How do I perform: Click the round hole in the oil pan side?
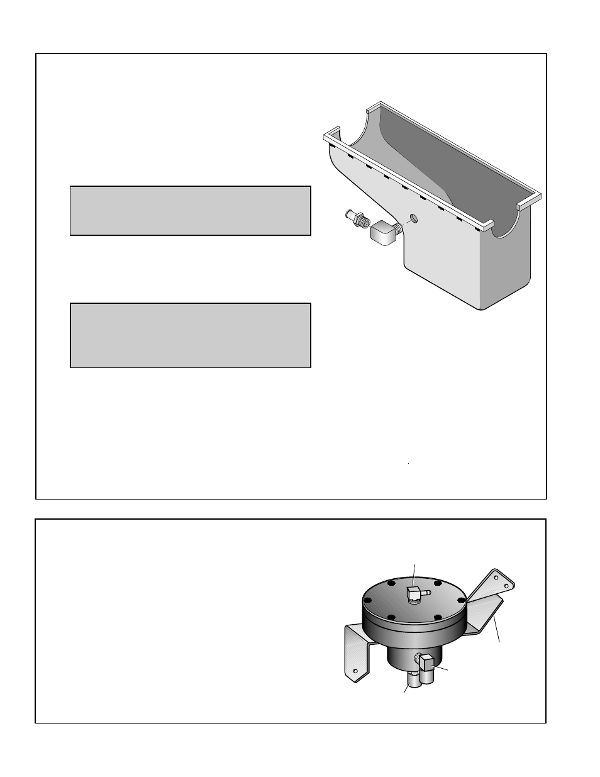pyautogui.click(x=413, y=218)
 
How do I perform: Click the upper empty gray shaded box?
pyautogui.click(x=190, y=211)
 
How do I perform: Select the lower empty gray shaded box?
pyautogui.click(x=190, y=335)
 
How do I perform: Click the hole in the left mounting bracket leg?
pyautogui.click(x=356, y=672)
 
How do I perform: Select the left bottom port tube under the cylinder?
pyautogui.click(x=413, y=680)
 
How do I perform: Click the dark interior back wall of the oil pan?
pyautogui.click(x=453, y=157)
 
